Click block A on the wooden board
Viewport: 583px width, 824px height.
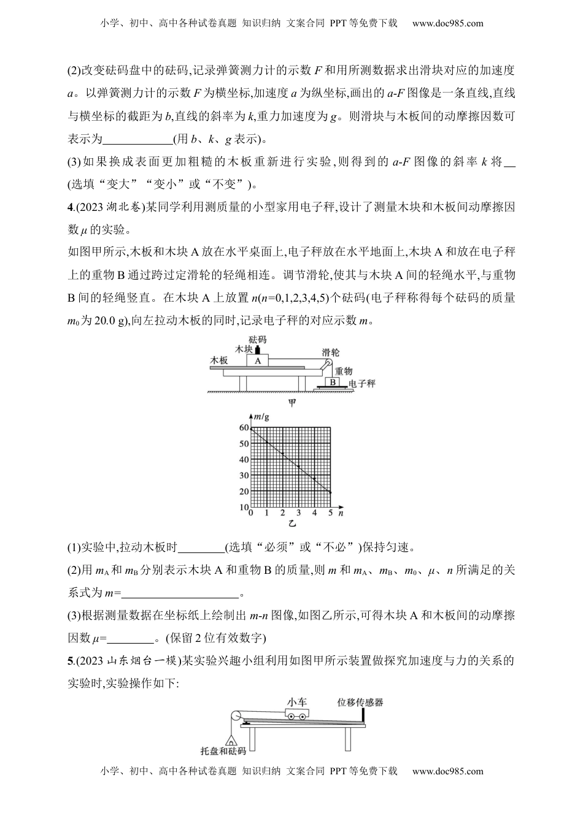click(258, 361)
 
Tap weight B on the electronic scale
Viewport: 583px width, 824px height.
click(332, 382)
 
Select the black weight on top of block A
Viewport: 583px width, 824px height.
click(258, 350)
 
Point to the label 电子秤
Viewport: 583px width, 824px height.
click(361, 383)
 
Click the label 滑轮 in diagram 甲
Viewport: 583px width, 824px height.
click(331, 352)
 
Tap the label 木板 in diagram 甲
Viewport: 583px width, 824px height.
click(219, 360)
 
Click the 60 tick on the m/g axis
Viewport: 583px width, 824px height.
click(244, 428)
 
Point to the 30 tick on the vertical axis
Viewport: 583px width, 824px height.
click(244, 476)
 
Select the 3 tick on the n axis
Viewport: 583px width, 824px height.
click(299, 513)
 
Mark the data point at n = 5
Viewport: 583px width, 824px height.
click(331, 492)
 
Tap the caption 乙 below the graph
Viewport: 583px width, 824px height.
click(291, 524)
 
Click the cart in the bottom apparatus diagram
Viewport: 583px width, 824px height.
click(296, 715)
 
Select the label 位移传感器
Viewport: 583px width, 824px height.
click(360, 702)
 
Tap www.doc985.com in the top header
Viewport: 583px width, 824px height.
click(447, 24)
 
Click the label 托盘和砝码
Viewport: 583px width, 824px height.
click(223, 751)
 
